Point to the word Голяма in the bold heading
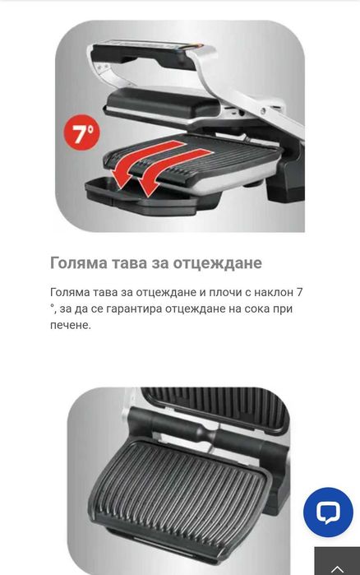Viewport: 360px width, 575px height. click(x=78, y=263)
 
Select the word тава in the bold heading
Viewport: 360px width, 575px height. click(x=131, y=263)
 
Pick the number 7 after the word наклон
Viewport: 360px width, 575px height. click(x=301, y=293)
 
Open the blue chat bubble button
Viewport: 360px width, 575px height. click(x=328, y=512)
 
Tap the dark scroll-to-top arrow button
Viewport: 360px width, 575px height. click(x=337, y=564)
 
